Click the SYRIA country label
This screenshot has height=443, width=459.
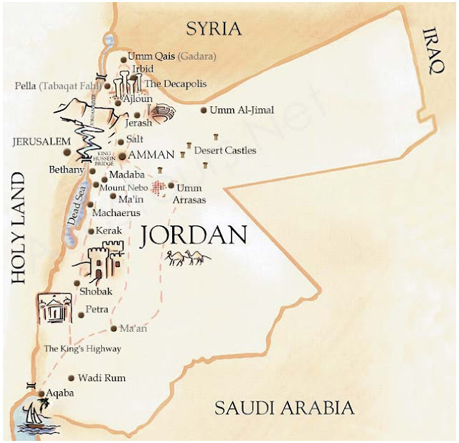click(214, 29)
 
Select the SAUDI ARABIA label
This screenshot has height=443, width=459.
click(285, 409)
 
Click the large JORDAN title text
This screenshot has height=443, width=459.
click(194, 236)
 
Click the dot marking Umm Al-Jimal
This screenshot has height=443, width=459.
click(204, 111)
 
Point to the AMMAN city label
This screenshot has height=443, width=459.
click(151, 155)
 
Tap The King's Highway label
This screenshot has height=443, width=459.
click(82, 349)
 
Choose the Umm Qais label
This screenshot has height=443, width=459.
click(151, 56)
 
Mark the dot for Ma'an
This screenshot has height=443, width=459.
click(114, 329)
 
